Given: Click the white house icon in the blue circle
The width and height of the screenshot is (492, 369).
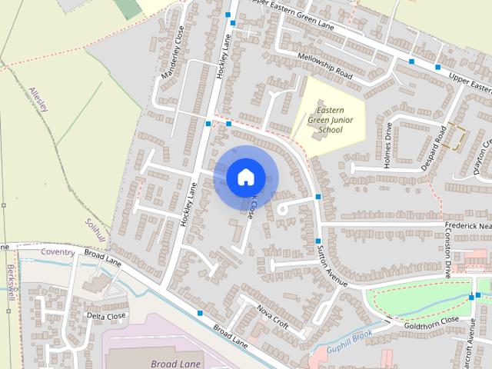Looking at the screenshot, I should coord(245,177).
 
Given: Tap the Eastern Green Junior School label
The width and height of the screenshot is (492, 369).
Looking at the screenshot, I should coord(324,120).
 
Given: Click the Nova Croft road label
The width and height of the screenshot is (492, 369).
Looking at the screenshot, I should coord(273,317).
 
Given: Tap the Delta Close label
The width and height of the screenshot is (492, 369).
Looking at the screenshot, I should coord(105,316).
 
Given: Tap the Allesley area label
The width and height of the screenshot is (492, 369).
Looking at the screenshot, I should coord(38,99).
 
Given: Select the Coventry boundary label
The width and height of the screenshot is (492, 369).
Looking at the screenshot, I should coord(58,252).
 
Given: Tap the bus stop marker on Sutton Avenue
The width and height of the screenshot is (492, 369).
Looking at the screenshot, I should coord(317,198).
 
